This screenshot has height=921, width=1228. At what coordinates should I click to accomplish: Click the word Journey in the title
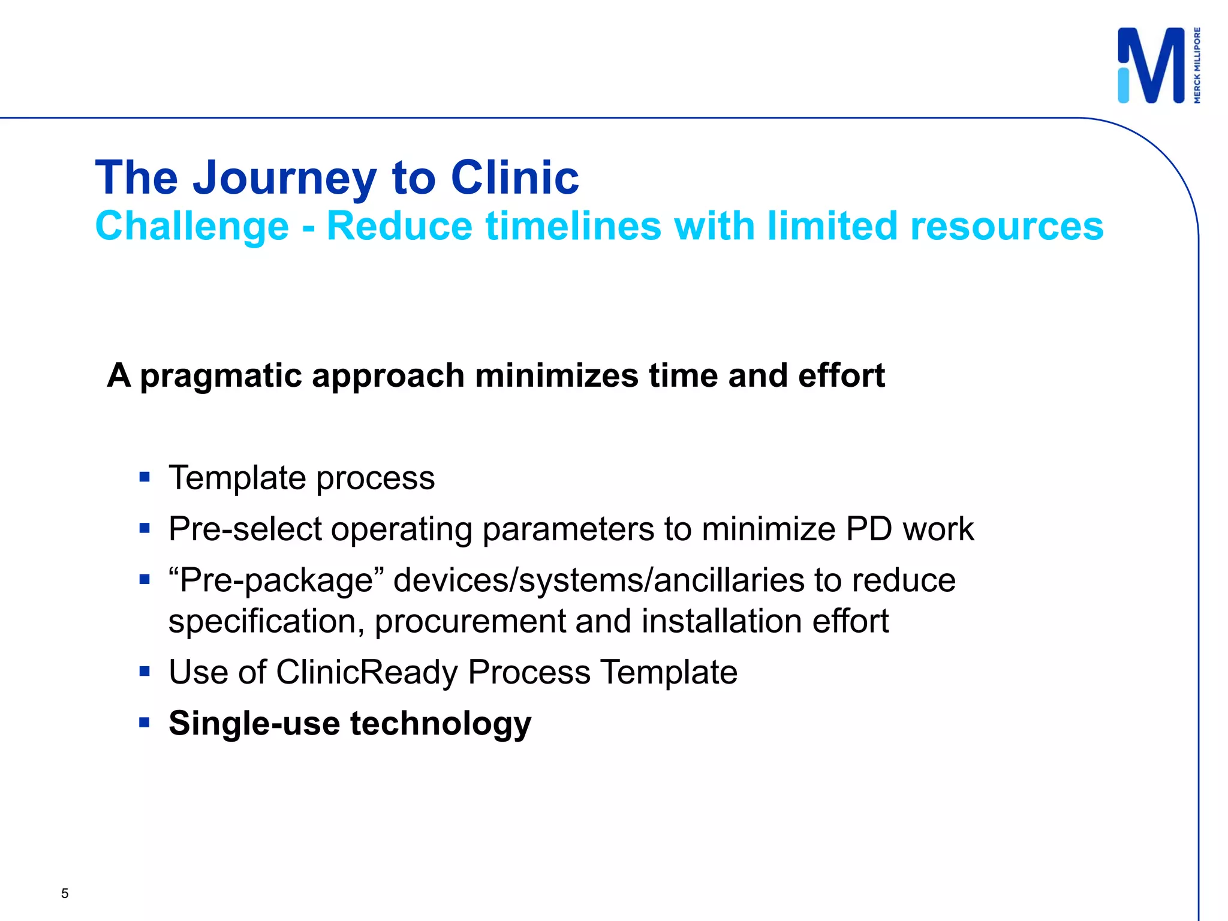coord(284,178)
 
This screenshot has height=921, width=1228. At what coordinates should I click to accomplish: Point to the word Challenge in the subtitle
coord(192,227)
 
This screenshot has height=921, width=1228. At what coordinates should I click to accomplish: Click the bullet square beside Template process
coord(144,477)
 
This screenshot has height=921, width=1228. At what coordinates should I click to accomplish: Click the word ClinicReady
coord(367,672)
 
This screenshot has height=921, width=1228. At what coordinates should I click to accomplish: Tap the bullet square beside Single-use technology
coord(144,723)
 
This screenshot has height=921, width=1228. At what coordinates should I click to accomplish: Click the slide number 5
coord(65,893)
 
